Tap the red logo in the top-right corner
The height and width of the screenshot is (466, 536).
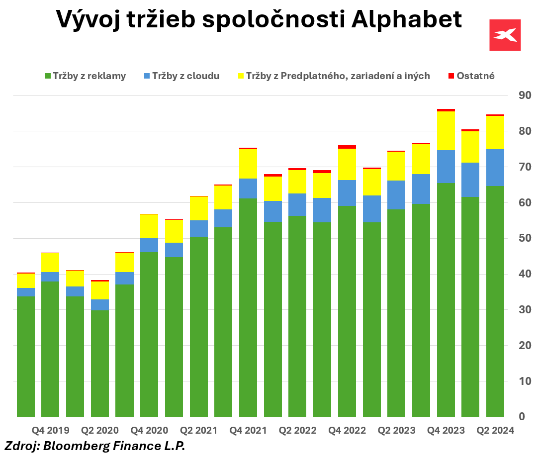505,35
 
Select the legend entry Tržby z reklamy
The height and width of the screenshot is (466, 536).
85,76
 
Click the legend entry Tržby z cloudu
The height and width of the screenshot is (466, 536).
181,76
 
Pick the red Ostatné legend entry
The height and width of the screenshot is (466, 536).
471,76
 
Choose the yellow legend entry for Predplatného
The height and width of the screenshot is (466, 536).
333,76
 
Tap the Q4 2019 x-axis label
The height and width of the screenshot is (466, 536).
51,430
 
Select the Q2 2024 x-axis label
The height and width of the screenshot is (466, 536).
495,430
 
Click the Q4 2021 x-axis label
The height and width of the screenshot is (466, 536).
248,430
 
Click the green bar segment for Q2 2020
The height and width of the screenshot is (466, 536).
100,363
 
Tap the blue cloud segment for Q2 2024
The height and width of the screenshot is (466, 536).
495,168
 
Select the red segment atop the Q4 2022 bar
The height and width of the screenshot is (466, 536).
347,147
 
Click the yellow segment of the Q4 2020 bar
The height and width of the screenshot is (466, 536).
149,226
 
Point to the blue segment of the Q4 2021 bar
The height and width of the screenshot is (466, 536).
248,188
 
